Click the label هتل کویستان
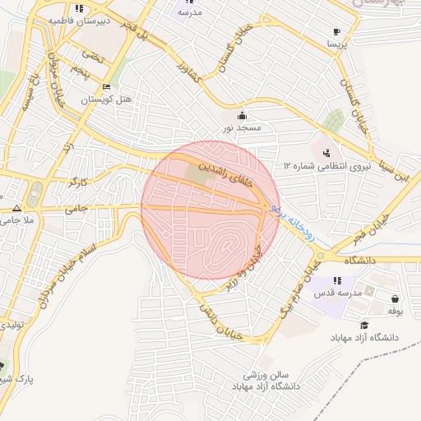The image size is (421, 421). click(x=107, y=99)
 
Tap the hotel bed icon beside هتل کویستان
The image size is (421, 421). click(x=106, y=87)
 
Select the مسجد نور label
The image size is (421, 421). click(x=241, y=128)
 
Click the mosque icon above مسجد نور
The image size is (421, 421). click(x=241, y=115)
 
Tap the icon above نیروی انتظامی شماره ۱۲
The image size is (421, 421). click(x=327, y=152)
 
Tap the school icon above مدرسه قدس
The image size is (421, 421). click(x=337, y=280)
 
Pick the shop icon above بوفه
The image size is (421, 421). click(x=396, y=298)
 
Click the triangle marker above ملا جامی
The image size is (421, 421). click(x=16, y=207)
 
